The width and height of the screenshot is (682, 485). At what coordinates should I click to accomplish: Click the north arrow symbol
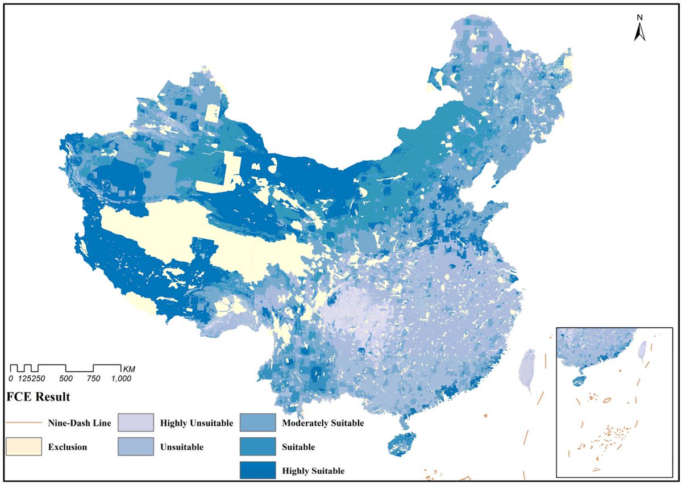639,34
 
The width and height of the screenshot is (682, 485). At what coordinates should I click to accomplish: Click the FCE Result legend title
38,396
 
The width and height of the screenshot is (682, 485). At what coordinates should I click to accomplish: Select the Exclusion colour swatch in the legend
24,446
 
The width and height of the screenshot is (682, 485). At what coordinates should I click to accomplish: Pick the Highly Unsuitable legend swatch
135,423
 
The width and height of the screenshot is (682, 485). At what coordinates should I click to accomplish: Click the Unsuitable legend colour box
135,446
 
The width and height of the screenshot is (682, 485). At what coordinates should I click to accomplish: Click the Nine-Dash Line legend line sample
24,423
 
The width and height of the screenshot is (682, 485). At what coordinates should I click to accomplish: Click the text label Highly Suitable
313,471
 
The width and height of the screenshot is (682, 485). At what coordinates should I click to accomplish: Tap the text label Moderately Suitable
323,423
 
